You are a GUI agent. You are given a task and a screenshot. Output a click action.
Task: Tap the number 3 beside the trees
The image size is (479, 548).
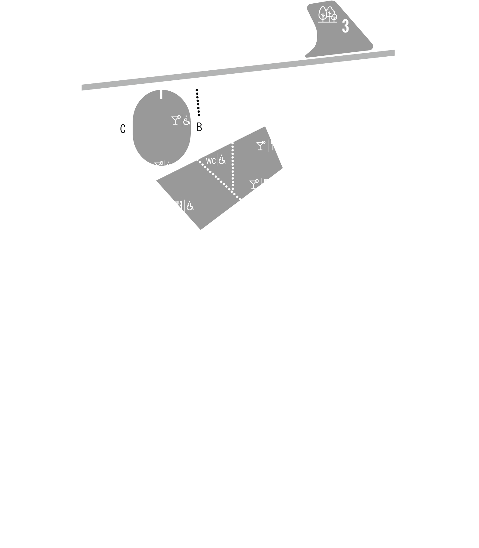[345, 26]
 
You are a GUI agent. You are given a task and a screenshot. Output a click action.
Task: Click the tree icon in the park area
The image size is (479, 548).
[328, 14]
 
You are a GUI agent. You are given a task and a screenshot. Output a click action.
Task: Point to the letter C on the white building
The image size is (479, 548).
[123, 129]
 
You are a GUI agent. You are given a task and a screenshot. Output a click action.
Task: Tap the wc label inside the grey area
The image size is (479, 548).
[210, 160]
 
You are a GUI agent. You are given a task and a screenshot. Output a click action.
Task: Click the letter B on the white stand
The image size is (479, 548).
[199, 127]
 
